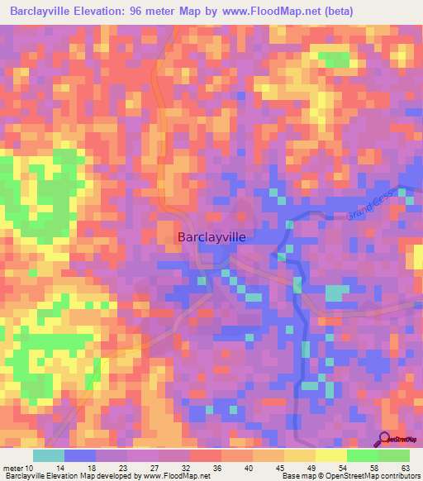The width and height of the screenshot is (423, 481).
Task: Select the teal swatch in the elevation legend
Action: (x=49, y=455)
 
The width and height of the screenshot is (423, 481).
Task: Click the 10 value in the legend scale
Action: (x=31, y=469)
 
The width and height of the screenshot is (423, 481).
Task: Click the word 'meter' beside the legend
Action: (x=13, y=469)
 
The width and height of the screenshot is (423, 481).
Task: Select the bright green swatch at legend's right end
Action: (x=393, y=455)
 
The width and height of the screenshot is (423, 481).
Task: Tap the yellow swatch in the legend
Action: (x=330, y=455)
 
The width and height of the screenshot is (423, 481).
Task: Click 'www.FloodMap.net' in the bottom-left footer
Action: (x=178, y=476)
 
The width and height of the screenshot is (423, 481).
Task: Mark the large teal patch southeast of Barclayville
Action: (x=335, y=293)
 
